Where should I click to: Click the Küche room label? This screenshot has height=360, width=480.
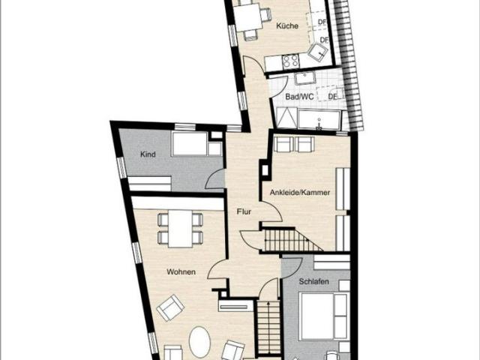pyautogui.click(x=287, y=26)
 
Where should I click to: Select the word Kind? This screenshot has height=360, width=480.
pyautogui.click(x=148, y=154)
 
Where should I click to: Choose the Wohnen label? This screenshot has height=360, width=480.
pyautogui.click(x=181, y=272)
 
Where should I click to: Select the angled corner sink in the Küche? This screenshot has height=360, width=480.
pyautogui.click(x=319, y=51)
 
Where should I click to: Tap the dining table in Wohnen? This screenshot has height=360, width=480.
pyautogui.click(x=179, y=229)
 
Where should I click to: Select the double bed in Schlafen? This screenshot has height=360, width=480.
pyautogui.click(x=323, y=315)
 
